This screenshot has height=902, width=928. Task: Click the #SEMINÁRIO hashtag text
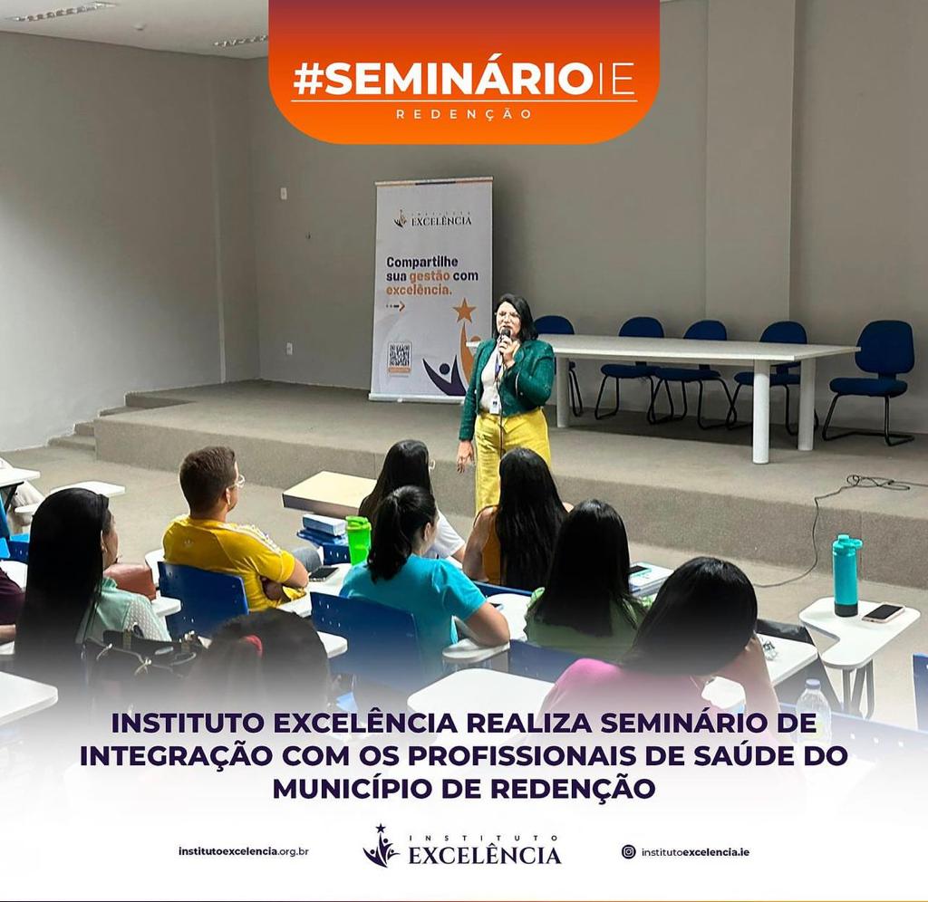click(442, 79)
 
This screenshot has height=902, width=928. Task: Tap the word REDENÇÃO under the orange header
click(464, 114)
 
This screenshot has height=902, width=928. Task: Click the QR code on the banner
click(399, 356)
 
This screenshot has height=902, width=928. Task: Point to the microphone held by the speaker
click(505, 341)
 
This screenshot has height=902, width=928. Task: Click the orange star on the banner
click(465, 310)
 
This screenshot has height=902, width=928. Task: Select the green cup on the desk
click(358, 540)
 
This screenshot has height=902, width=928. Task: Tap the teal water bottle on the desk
click(847, 575)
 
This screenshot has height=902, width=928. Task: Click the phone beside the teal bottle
click(883, 612)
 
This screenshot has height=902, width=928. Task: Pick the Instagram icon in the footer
click(629, 851)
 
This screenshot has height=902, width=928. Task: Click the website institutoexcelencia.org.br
click(243, 851)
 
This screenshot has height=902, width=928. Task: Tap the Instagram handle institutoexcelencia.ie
click(695, 852)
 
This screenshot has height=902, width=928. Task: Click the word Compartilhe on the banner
click(422, 262)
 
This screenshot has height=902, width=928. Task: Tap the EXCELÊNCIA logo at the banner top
click(433, 218)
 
